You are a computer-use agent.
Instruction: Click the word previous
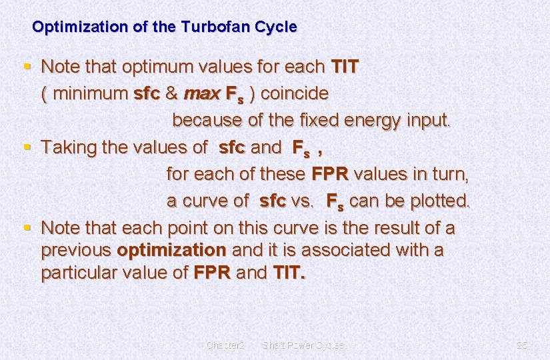(x=75, y=250)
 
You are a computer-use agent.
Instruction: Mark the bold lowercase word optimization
(x=171, y=250)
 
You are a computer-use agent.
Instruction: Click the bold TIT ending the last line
(x=289, y=273)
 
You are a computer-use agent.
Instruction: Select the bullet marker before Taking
(x=27, y=146)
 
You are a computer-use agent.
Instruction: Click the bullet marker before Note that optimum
(x=27, y=66)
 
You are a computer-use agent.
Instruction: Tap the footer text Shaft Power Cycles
(x=303, y=345)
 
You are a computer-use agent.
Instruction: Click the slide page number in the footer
(x=521, y=345)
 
